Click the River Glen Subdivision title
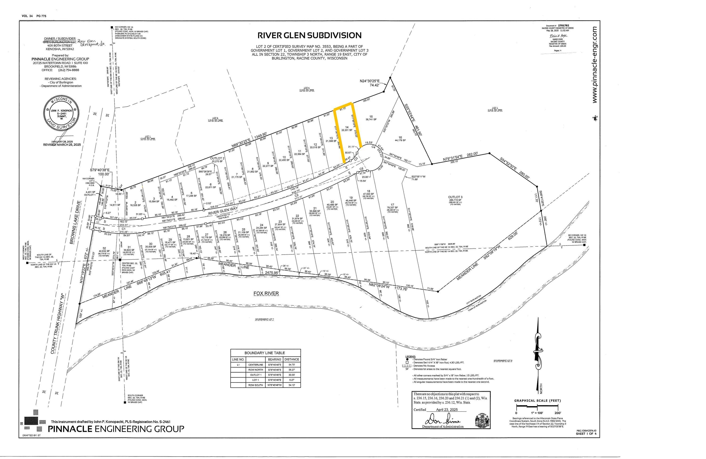pos(309,35)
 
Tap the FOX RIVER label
pos(266,294)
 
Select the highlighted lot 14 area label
pos(347,130)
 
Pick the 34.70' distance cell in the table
pos(292,364)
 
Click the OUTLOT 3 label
pos(455,197)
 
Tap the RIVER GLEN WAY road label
pos(223,211)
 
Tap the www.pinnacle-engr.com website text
pos(594,65)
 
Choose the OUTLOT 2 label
pos(217,158)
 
